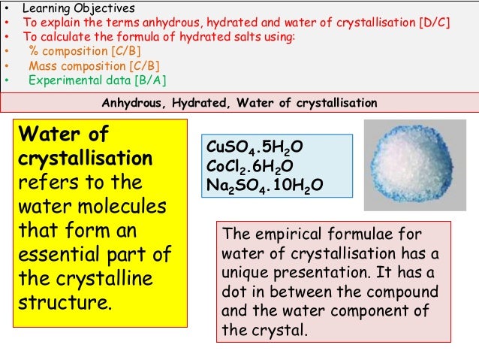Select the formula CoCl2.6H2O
tap(251, 166)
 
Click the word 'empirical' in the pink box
tap(284, 234)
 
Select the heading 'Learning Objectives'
tap(79, 8)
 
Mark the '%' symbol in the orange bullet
tap(34, 50)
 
